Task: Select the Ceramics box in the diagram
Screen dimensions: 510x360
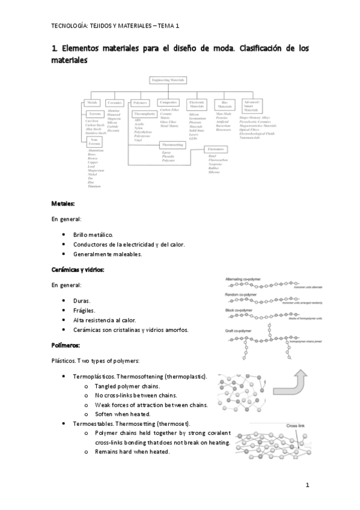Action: pyautogui.click(x=114, y=103)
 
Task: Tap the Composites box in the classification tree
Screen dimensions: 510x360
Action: pyautogui.click(x=169, y=103)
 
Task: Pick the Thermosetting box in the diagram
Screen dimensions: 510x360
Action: pyautogui.click(x=172, y=145)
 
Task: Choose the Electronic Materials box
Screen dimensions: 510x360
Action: pyautogui.click(x=197, y=105)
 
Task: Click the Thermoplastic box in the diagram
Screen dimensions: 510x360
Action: pyautogui.click(x=145, y=113)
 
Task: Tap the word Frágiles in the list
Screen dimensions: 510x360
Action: pyautogui.click(x=84, y=310)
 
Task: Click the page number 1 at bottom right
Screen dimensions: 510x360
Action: pyautogui.click(x=307, y=485)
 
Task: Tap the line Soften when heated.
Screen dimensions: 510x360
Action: pyautogui.click(x=123, y=414)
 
